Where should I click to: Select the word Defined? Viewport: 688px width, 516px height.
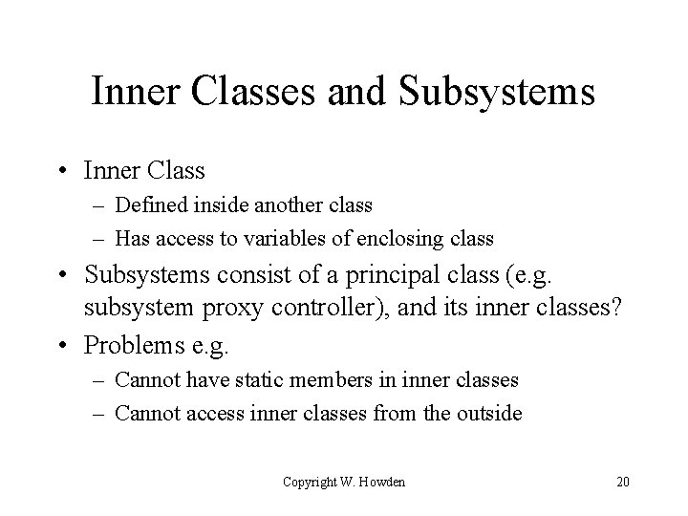click(x=152, y=204)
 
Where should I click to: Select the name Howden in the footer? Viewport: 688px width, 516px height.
click(x=381, y=482)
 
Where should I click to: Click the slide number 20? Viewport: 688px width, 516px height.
click(x=622, y=482)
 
